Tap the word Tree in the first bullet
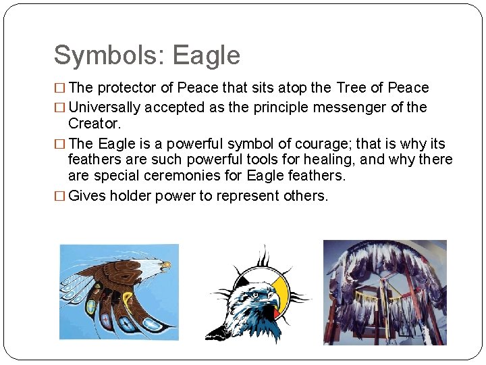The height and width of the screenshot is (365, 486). [351, 88]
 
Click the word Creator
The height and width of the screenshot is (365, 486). [94, 124]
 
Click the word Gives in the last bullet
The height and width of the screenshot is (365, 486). [86, 196]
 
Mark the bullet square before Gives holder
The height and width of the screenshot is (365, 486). [61, 196]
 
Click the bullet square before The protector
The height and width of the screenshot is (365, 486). [61, 88]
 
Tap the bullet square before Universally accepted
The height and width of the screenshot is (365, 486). [61, 107]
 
